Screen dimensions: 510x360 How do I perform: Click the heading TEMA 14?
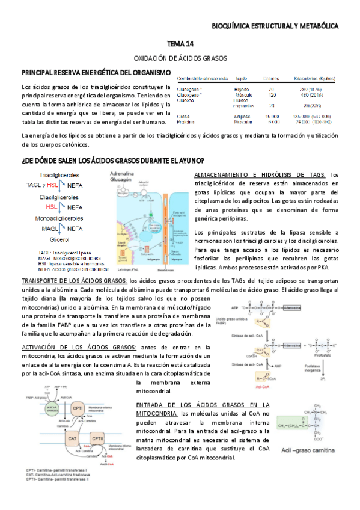click(x=180, y=45)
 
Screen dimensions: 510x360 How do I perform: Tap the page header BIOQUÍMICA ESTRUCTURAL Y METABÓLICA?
click(x=276, y=26)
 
